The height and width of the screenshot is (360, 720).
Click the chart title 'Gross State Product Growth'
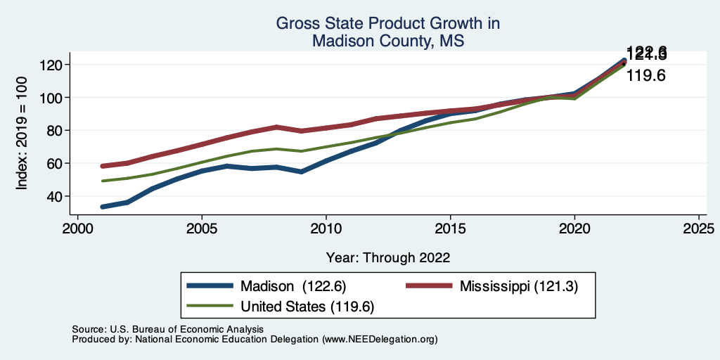387,23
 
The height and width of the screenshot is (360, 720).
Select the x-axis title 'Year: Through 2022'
388,257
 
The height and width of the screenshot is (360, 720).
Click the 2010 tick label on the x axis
326,230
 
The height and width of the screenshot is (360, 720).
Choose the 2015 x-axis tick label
450,230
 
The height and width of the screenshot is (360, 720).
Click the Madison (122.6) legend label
292,286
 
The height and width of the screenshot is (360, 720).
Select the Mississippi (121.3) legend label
518,286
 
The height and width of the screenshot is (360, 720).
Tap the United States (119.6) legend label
307,307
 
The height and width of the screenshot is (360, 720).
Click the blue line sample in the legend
210,286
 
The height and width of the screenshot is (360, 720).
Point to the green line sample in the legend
210,307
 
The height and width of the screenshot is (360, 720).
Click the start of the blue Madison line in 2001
103,207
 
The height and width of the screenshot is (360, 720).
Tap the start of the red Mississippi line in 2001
103,166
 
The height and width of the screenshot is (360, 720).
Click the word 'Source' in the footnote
86,329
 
